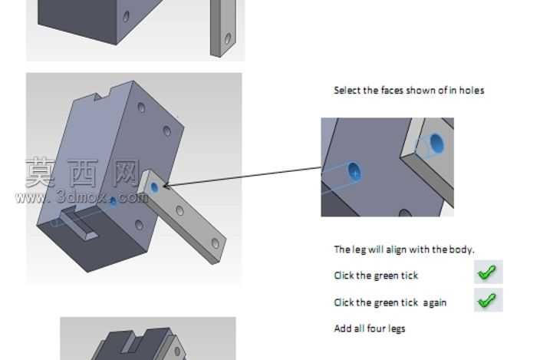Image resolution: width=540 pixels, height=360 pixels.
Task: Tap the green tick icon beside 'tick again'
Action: click(488, 300)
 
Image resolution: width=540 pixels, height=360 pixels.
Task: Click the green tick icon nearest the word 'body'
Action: click(488, 272)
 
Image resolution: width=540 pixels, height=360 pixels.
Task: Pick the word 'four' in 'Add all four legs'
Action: click(376, 329)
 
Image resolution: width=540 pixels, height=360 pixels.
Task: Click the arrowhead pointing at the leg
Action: click(166, 187)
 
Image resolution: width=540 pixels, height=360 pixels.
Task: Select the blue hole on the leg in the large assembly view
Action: click(154, 188)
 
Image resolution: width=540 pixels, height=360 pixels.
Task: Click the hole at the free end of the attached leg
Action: click(216, 243)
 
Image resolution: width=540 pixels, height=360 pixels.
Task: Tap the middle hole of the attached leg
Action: click(179, 210)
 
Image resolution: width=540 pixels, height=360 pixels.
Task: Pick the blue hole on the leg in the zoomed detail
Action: click(436, 144)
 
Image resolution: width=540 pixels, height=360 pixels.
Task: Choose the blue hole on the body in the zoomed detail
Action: click(354, 171)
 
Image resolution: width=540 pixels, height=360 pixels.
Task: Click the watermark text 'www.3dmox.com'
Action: click(82, 197)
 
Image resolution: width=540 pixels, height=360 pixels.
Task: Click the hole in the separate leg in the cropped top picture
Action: click(228, 38)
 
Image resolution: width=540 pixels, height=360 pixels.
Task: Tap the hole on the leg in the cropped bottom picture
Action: click(177, 352)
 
